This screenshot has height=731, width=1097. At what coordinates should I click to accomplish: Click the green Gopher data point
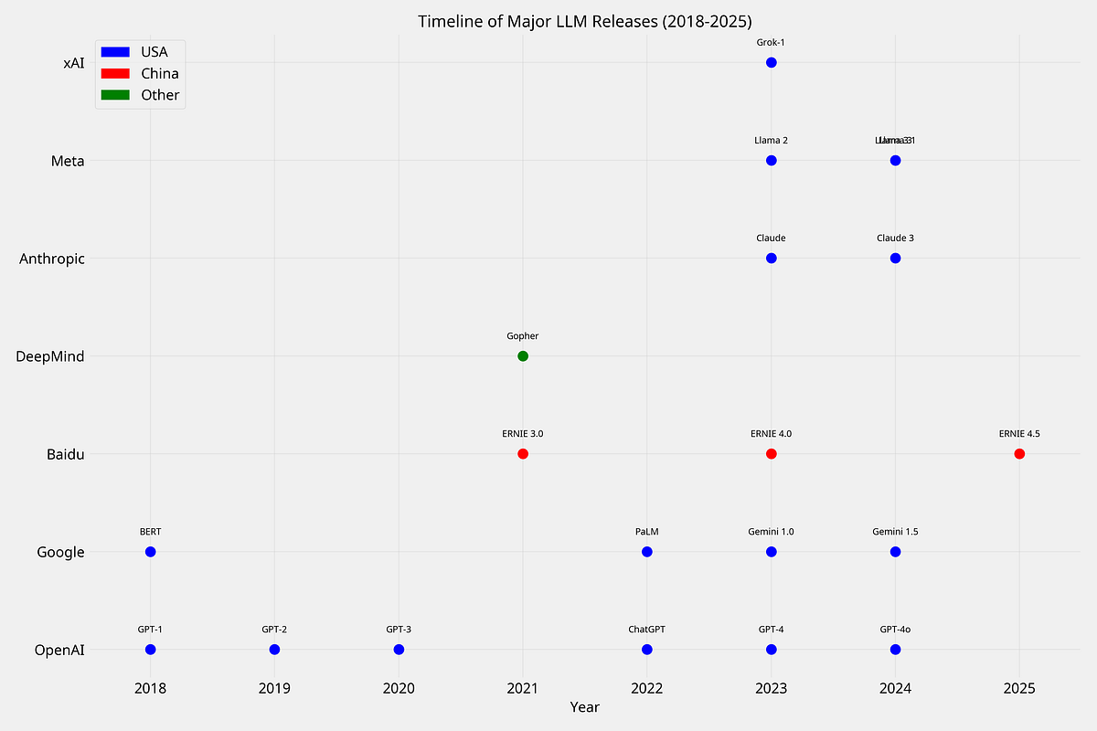tap(523, 355)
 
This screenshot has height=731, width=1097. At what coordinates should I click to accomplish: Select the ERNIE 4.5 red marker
tap(1019, 454)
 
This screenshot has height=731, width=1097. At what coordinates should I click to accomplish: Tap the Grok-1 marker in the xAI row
tap(771, 62)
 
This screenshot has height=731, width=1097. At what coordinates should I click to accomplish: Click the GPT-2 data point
tap(274, 650)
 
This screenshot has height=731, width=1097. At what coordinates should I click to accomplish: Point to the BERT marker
tap(151, 552)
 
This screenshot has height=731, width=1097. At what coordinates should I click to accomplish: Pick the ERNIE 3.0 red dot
tap(523, 454)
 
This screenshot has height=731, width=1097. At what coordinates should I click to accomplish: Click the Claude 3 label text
tap(895, 238)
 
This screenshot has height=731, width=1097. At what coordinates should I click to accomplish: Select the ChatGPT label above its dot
tap(646, 630)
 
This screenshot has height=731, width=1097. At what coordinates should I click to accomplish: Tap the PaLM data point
tap(647, 552)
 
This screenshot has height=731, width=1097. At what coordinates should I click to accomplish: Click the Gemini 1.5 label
tap(895, 532)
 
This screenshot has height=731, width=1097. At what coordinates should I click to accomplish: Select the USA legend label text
tap(154, 51)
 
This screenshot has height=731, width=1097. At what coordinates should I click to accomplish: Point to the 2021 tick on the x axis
tap(523, 687)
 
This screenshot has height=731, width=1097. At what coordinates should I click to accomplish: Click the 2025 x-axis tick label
tap(1019, 687)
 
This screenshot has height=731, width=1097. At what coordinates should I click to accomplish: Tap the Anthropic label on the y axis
tap(52, 259)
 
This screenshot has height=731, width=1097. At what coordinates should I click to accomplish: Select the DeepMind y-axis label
tap(50, 356)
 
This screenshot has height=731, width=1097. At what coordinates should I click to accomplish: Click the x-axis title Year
tap(585, 707)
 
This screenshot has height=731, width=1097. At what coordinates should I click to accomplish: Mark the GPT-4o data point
tap(895, 650)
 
